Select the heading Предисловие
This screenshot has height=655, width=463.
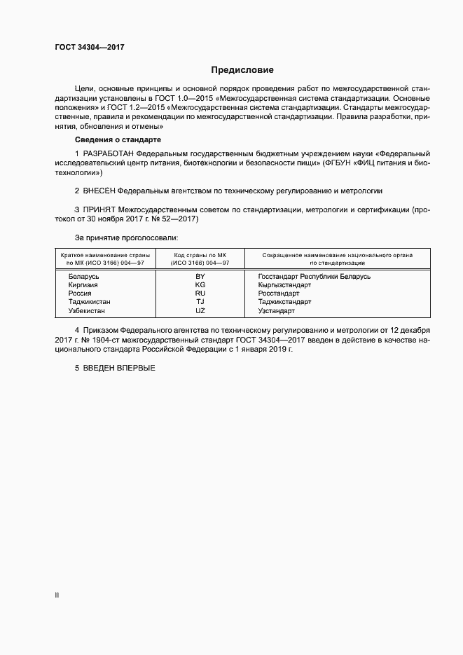(x=242, y=70)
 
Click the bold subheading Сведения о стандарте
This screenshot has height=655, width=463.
(x=118, y=140)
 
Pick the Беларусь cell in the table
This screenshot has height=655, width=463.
(x=83, y=277)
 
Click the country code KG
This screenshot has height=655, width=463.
(x=200, y=285)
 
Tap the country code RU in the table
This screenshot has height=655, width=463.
(x=200, y=294)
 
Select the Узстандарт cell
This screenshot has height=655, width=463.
(x=276, y=310)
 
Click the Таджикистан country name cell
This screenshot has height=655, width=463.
(x=90, y=302)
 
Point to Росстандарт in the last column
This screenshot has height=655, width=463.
(x=278, y=294)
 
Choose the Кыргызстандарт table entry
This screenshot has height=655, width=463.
(x=284, y=285)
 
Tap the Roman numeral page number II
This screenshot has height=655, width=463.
(x=57, y=595)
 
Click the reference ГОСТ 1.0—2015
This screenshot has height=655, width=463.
(x=228, y=99)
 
